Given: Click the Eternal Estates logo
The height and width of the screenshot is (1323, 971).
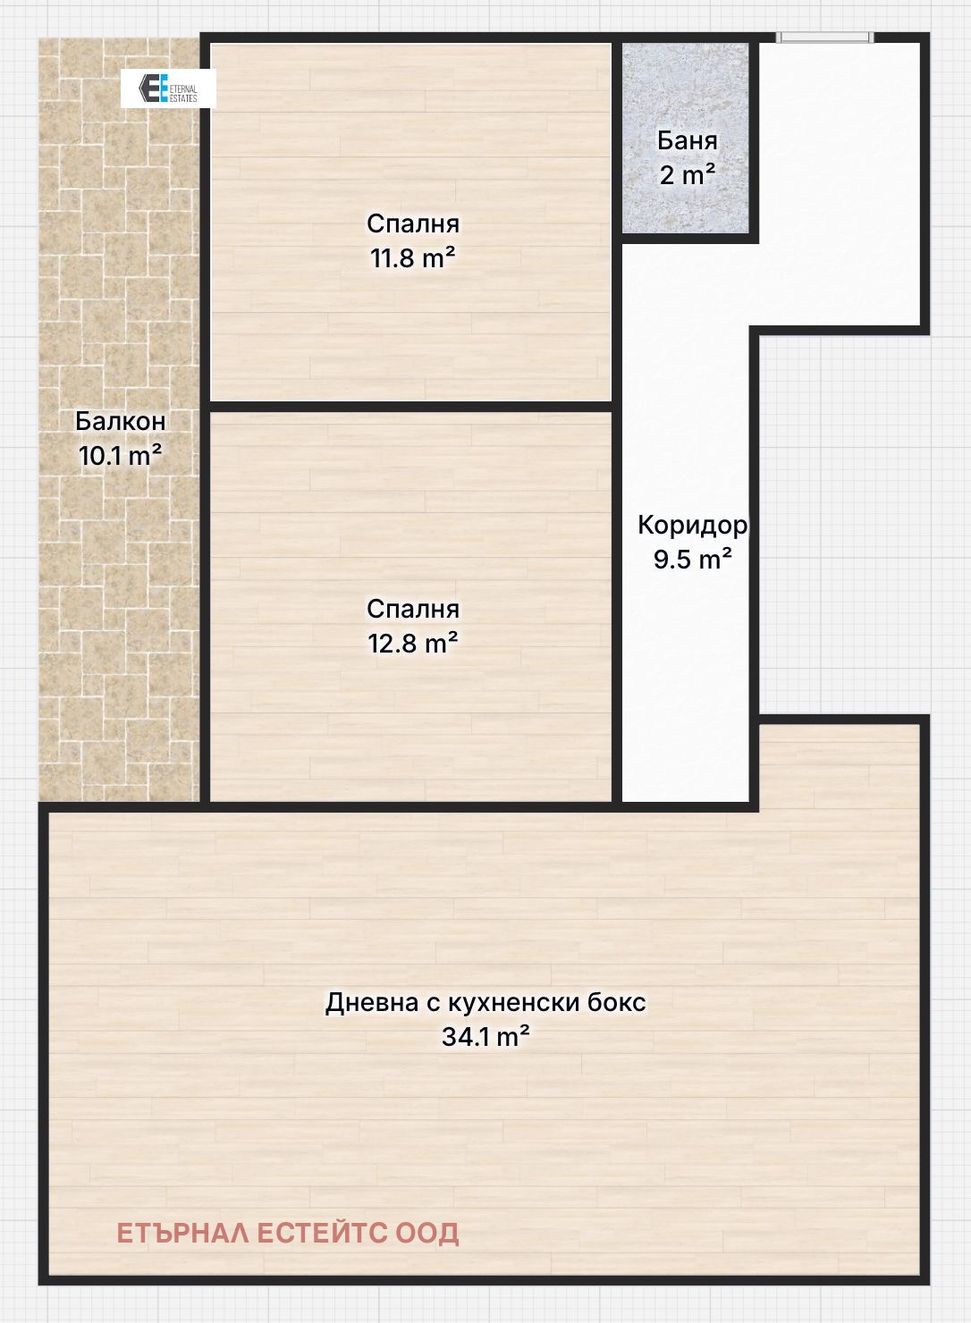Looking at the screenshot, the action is click(168, 88).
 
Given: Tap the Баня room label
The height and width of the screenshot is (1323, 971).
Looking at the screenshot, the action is click(687, 140).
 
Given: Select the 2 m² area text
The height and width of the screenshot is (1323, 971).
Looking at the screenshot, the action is click(687, 175).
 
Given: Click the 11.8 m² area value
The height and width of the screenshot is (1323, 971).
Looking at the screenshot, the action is click(413, 258).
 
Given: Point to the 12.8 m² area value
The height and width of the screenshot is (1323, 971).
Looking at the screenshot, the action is click(413, 644).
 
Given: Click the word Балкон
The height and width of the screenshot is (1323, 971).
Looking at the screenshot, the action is click(121, 421).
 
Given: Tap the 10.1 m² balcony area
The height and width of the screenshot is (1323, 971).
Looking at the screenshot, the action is click(121, 455).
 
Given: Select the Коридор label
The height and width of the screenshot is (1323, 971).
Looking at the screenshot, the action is click(692, 525).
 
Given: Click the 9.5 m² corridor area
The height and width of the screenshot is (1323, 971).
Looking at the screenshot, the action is click(692, 559).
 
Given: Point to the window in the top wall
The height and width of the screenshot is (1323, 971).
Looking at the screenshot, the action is click(825, 38).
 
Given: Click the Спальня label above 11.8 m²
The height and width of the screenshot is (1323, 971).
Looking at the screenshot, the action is click(413, 223).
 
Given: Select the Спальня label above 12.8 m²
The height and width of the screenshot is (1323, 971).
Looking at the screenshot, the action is click(413, 609).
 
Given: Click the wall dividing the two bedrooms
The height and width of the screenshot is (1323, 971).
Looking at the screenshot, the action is click(410, 407).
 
